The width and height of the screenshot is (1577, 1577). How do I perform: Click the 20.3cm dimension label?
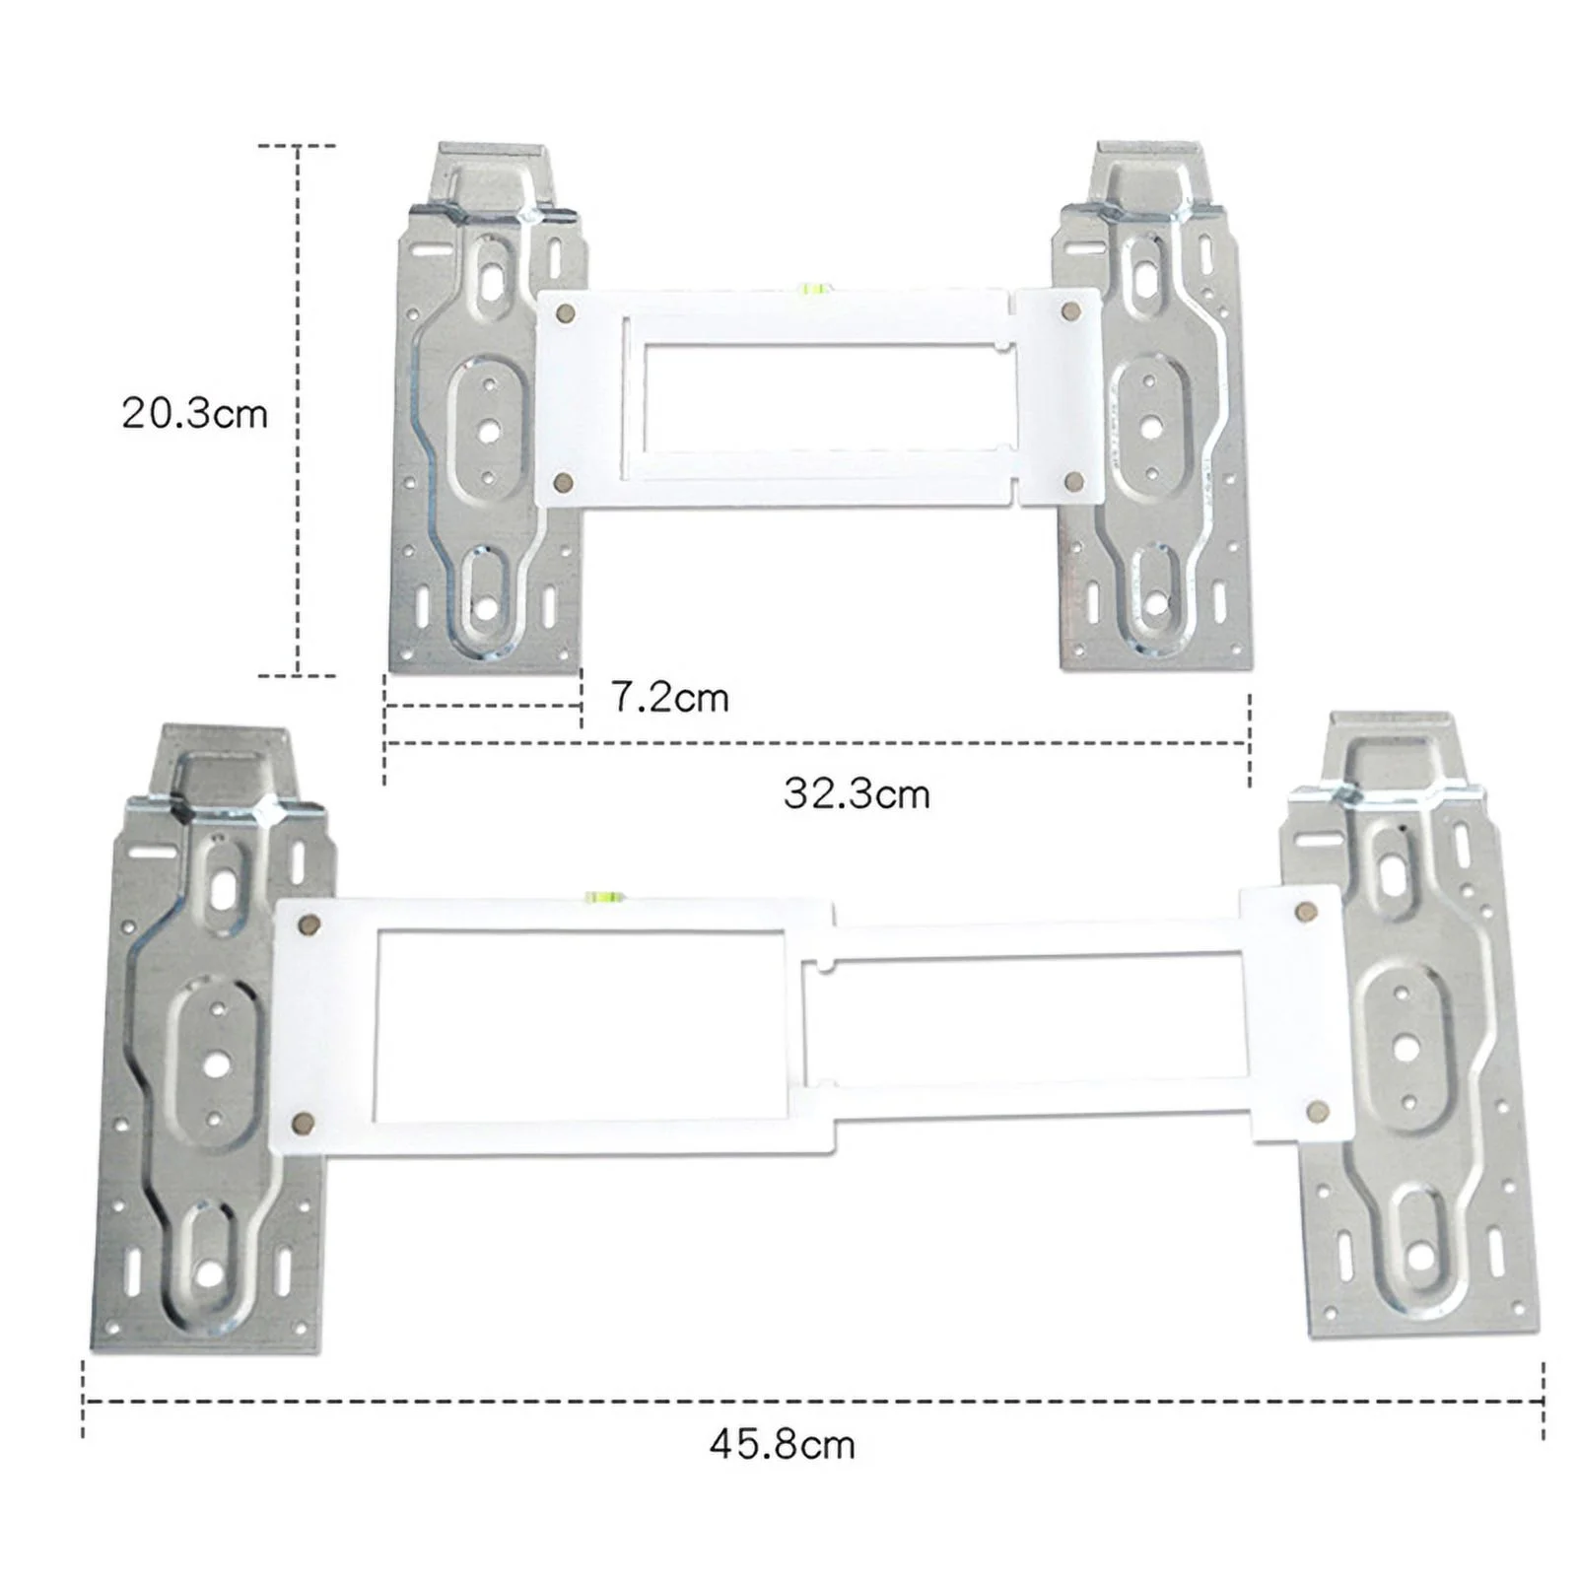[194, 413]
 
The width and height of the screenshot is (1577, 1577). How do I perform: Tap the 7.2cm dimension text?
[670, 698]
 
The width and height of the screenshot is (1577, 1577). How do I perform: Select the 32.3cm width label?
[857, 793]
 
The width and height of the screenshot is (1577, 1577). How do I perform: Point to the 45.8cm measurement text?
[782, 1445]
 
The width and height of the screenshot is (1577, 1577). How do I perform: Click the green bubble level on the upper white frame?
[813, 289]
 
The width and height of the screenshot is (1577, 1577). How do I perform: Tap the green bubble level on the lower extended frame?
[598, 897]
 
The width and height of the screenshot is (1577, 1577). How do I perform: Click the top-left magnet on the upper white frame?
[566, 313]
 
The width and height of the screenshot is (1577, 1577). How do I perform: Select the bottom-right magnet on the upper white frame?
[1074, 482]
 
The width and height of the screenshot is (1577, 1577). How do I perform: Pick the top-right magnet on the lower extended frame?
[1306, 910]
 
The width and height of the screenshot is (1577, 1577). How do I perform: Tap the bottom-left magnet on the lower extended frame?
[304, 1122]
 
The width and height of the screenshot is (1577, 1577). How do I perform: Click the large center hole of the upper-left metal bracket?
[488, 430]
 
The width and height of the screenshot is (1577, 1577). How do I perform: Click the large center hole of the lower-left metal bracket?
[217, 1063]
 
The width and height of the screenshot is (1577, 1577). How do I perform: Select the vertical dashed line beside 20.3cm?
[298, 410]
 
